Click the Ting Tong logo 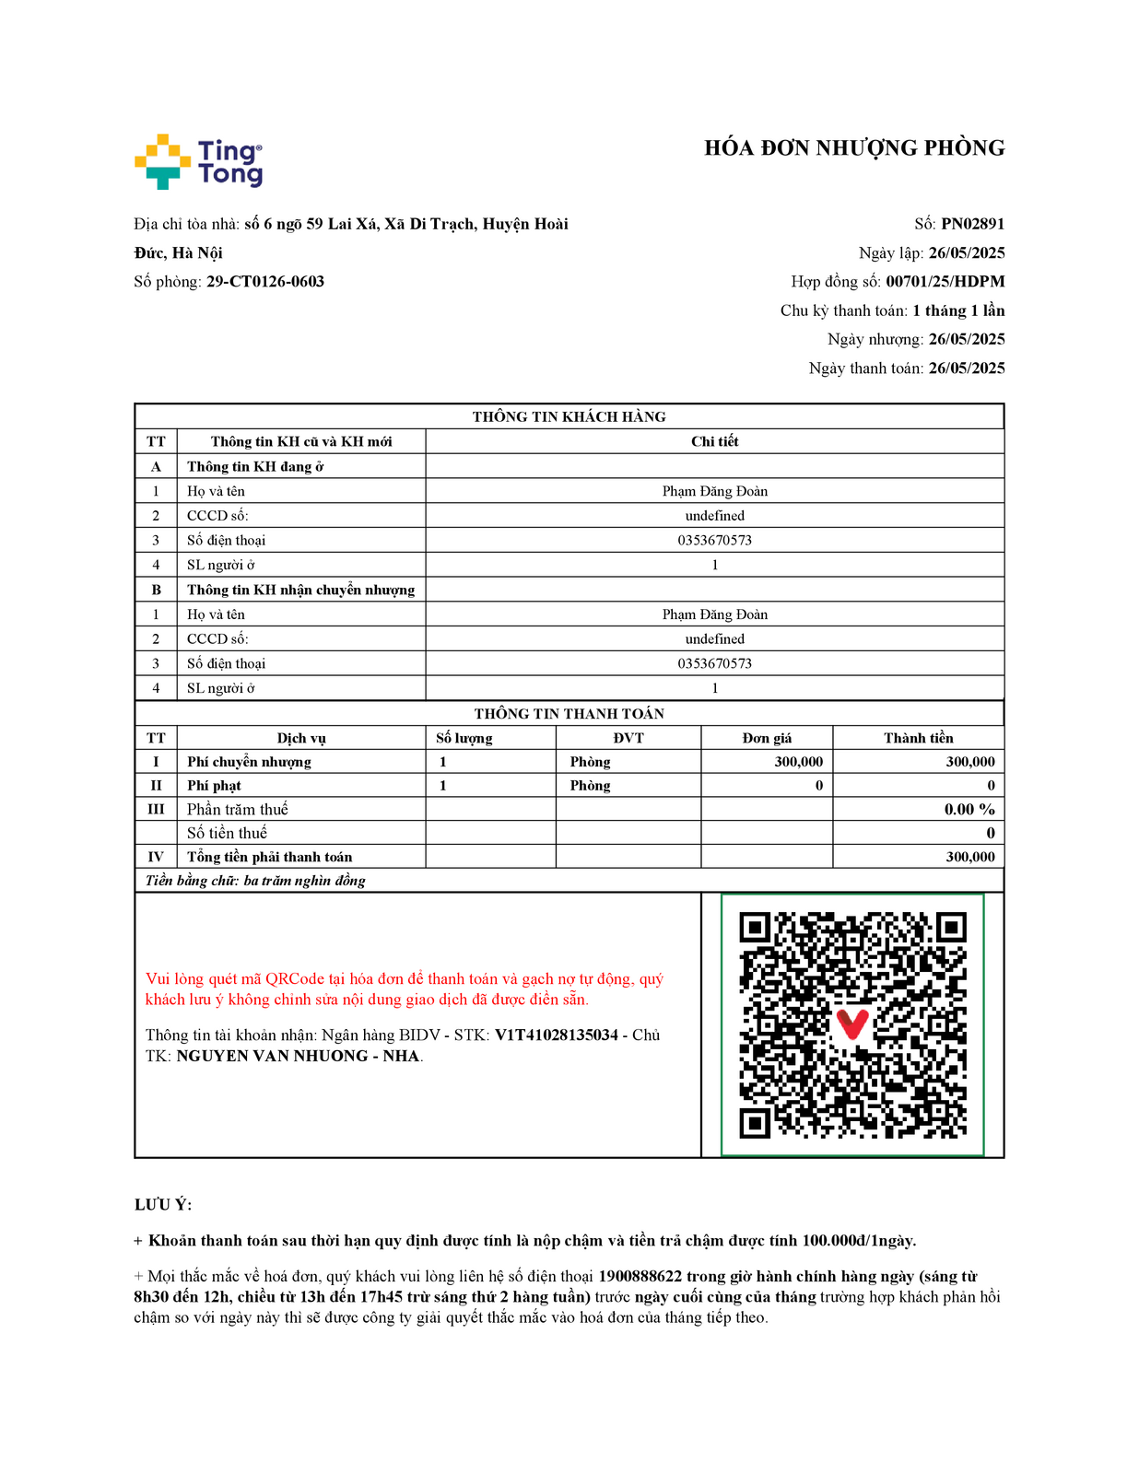pos(198,162)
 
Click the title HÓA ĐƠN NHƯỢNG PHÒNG pos(853,148)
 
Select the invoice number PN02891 pos(972,224)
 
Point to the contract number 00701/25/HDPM pos(945,282)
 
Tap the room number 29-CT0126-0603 pos(265,282)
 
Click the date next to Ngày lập pos(966,253)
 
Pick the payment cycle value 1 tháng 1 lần pos(958,310)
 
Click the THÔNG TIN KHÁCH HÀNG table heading pos(569,416)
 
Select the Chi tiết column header pos(714,441)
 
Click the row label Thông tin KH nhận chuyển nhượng pos(300,590)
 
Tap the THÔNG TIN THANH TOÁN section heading pos(569,714)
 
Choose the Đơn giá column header pos(767,738)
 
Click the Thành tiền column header pos(918,738)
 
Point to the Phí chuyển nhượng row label pos(249,762)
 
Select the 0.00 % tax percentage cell pos(969,809)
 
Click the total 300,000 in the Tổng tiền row pos(970,857)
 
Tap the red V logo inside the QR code pos(852,1024)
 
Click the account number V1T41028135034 pos(557,1035)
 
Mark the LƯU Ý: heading pos(163,1205)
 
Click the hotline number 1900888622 pos(640,1276)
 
